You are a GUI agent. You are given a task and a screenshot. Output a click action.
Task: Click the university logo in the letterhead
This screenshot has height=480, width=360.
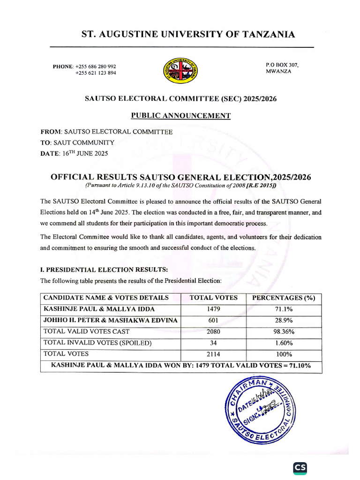(x=180, y=70)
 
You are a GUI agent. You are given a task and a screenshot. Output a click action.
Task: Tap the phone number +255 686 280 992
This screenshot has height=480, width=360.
(x=96, y=66)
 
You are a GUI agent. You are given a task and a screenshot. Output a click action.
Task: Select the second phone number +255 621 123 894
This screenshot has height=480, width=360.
(x=96, y=73)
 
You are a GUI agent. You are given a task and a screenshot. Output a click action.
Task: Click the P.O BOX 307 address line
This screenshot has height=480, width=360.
(x=282, y=64)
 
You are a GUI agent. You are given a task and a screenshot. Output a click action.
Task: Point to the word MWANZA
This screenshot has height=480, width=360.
(x=278, y=71)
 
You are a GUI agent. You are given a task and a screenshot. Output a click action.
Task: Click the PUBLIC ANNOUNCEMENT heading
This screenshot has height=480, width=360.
(x=180, y=116)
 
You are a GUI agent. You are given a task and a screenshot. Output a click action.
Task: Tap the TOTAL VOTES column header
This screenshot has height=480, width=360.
(x=213, y=298)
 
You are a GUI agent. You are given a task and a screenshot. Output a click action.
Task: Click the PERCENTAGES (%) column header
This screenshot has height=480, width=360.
(x=284, y=298)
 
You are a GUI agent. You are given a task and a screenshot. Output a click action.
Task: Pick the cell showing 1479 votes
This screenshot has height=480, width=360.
(x=213, y=309)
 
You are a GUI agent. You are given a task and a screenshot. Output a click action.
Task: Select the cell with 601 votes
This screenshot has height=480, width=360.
(x=213, y=320)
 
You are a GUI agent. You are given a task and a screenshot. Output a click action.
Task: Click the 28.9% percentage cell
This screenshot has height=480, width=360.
(x=284, y=320)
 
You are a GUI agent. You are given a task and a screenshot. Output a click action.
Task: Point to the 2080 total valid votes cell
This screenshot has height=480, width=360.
(x=213, y=331)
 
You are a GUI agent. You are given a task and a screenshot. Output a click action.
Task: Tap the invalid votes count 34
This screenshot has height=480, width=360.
(x=213, y=343)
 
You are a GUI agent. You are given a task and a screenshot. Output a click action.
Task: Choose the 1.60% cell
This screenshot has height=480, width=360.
(x=284, y=343)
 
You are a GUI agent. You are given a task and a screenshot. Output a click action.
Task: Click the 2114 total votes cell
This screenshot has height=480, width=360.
(x=213, y=354)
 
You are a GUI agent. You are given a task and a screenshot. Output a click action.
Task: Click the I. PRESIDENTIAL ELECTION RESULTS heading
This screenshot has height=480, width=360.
(x=104, y=270)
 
